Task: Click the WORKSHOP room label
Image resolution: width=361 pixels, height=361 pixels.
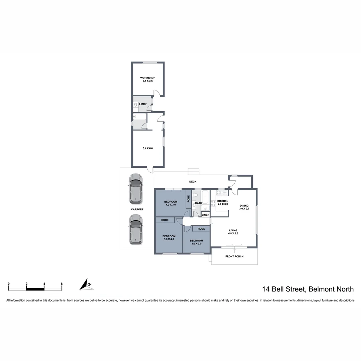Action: (x=147, y=78)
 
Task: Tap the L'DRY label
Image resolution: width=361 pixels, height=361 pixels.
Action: (x=143, y=104)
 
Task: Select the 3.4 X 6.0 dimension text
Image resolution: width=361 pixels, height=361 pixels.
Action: (x=147, y=148)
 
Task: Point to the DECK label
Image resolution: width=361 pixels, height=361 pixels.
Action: (x=193, y=182)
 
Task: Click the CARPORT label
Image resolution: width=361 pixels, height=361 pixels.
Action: (x=137, y=210)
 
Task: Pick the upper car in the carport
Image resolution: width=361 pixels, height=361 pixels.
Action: (x=136, y=189)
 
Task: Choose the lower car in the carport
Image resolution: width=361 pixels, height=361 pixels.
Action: (x=136, y=230)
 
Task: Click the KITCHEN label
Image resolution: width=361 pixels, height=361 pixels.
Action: (x=223, y=201)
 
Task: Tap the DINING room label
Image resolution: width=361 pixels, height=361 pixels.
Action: (x=244, y=206)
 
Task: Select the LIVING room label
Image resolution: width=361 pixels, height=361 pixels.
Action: (x=233, y=230)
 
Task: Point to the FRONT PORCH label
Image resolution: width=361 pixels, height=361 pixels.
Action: (x=234, y=257)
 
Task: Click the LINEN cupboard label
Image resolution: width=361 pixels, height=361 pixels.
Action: (x=206, y=215)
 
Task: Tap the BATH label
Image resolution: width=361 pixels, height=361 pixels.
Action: (x=199, y=203)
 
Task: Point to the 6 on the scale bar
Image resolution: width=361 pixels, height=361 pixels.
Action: (x=62, y=284)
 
